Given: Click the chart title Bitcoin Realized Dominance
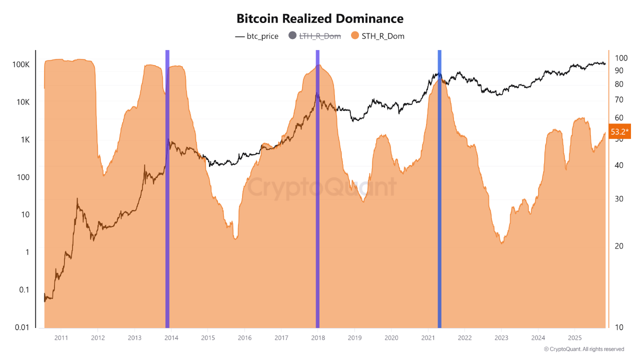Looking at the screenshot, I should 320,19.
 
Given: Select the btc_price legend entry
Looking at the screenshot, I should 256,36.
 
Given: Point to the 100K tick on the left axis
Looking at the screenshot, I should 21,64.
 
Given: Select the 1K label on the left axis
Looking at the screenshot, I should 25,140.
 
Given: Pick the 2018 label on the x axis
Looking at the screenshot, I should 318,337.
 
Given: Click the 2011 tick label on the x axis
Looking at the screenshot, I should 61,337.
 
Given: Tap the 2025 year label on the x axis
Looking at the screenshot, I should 575,337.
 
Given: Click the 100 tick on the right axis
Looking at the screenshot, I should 621,58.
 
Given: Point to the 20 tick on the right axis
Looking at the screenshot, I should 619,246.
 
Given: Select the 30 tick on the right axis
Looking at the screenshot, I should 619,198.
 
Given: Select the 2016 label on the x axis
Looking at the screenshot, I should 244,337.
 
